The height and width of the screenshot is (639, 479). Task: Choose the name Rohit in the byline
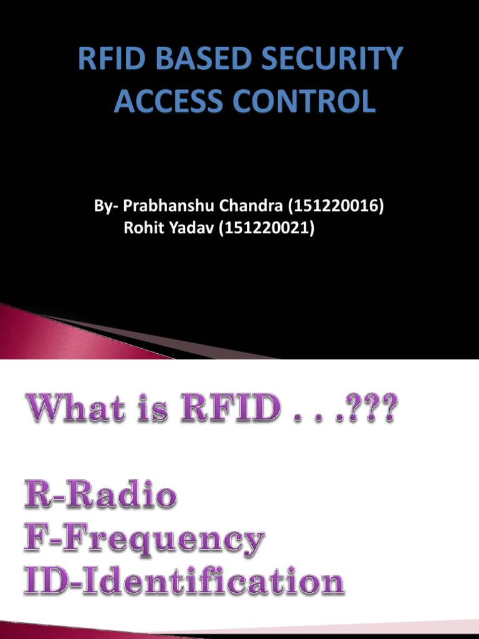click(x=142, y=228)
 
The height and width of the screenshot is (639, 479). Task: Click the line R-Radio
click(x=100, y=496)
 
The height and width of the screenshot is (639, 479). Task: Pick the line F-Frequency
click(x=144, y=540)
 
